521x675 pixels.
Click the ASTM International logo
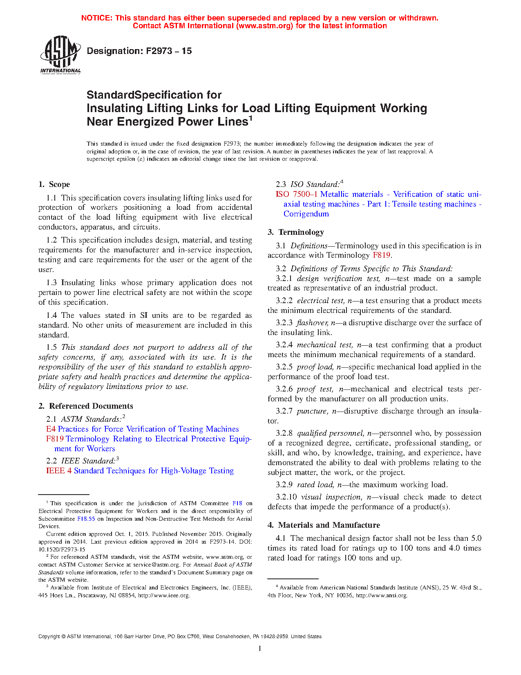tap(60, 54)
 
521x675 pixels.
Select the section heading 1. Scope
tap(54, 184)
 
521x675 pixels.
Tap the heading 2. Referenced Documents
tap(86, 406)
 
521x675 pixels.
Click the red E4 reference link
tap(51, 429)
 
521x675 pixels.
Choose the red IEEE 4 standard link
tap(59, 471)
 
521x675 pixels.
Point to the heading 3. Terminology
tap(296, 232)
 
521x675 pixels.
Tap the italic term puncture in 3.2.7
tap(312, 411)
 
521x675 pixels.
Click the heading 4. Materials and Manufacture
tap(324, 525)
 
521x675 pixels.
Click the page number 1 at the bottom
tap(260, 648)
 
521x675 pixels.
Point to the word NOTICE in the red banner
tap(97, 18)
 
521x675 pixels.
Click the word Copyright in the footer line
tap(49, 637)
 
